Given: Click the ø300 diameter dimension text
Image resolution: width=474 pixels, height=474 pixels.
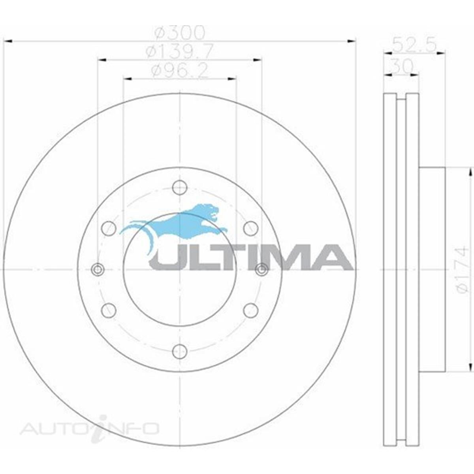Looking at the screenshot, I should (180, 33).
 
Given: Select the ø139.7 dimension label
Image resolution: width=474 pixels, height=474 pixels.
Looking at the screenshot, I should (180, 51).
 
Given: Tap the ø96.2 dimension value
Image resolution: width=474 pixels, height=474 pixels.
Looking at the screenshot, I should (180, 71).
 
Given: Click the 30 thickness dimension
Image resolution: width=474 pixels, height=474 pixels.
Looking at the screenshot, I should (401, 66).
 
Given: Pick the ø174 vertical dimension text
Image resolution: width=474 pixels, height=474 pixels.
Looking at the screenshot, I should (462, 269).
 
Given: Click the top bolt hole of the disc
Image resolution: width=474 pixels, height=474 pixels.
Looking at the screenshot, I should (180, 187).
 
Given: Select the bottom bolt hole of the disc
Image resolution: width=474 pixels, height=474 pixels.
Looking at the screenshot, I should (180, 351).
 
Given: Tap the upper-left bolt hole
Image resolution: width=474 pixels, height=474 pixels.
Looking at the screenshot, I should (109, 228).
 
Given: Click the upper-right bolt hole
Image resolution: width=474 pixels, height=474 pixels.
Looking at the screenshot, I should (251, 228).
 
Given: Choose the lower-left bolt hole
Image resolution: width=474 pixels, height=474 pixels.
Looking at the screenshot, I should (109, 310).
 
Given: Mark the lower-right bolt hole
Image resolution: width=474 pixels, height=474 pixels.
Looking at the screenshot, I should (251, 310).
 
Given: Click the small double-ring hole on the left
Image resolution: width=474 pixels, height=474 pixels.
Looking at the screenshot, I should (98, 269).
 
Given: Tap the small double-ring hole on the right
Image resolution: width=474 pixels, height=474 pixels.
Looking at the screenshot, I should (261, 269).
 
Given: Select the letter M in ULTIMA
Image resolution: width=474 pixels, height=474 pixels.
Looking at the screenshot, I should (293, 257).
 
